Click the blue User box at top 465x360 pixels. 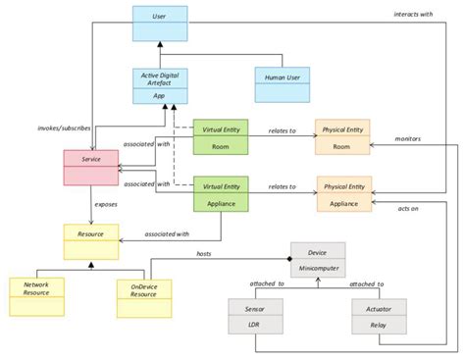coord(160,25)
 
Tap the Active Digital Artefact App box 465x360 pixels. coord(160,86)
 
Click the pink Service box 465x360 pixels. coord(90,165)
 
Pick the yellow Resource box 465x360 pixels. coord(90,242)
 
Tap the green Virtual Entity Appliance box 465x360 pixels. coord(219,194)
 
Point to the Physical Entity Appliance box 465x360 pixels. coord(343,194)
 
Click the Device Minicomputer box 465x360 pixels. coord(317,259)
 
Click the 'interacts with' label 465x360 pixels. coord(413,15)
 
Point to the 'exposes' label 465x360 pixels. coord(106,205)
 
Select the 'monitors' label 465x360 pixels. coord(408,139)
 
